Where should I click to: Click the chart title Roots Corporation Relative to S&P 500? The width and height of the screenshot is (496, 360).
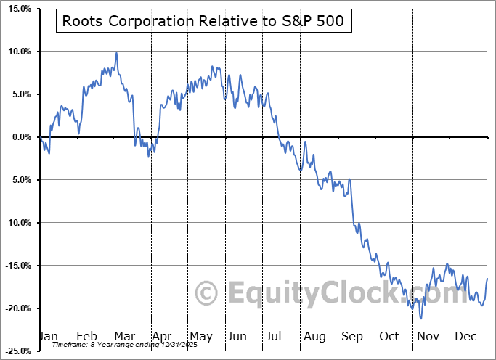[x=203, y=21]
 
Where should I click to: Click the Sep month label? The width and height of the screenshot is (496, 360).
[x=352, y=337]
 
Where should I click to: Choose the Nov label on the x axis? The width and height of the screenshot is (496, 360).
[x=428, y=337]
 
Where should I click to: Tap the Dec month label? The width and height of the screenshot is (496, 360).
[x=465, y=337]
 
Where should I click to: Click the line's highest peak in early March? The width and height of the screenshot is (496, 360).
[x=116, y=53]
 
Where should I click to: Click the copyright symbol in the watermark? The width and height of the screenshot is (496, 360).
[x=207, y=294]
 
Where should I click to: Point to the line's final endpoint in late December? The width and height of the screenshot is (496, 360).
[x=487, y=279]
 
